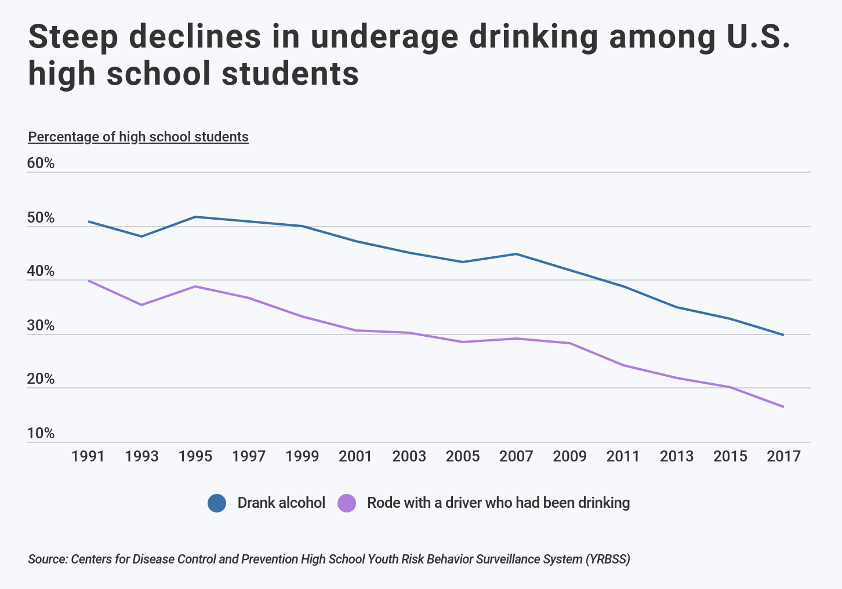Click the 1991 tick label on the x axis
88,457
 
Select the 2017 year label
783,457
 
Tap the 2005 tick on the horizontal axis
463,457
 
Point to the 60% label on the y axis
41,163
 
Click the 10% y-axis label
41,434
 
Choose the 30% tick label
41,326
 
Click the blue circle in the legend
217,503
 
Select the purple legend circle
347,503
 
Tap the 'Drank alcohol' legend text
281,503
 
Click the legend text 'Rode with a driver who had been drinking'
498,503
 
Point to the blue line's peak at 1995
195,217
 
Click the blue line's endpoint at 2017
783,335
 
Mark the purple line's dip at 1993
141,305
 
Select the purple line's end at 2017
783,407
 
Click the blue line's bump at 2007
516,254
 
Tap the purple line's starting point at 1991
88,281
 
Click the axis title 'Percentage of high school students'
138,137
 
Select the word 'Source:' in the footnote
48,559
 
